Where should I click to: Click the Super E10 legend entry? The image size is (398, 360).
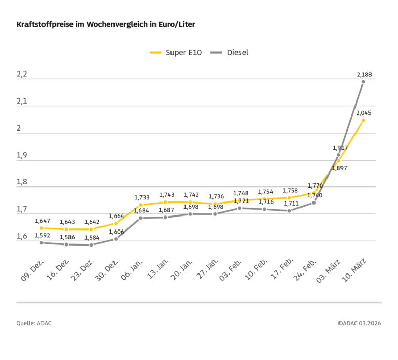176,52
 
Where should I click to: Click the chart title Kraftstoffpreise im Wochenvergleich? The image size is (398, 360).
105,24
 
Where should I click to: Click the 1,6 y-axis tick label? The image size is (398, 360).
22,237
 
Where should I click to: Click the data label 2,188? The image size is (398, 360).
364,75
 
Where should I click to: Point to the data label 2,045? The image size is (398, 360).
364,112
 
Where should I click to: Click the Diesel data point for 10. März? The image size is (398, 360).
363,82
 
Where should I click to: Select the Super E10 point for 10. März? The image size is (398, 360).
363,120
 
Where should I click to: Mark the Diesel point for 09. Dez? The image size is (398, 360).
41,243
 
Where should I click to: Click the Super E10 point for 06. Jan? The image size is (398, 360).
140,205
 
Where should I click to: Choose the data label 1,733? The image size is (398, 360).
142,197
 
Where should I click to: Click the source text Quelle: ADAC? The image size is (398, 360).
34,323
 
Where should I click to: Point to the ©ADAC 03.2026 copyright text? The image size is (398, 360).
359,323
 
